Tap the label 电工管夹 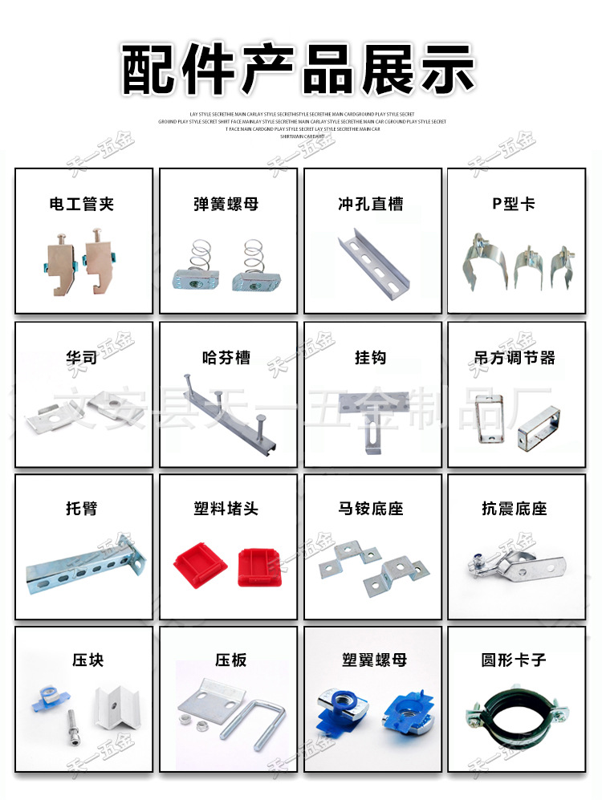pos(82,205)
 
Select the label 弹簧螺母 pos(226,205)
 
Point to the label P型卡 pos(514,205)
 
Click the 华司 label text pos(82,357)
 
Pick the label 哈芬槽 pos(226,357)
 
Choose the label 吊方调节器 pos(514,357)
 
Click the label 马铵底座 pos(371,509)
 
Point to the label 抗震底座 pos(514,509)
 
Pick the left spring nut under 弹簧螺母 pos(193,267)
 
